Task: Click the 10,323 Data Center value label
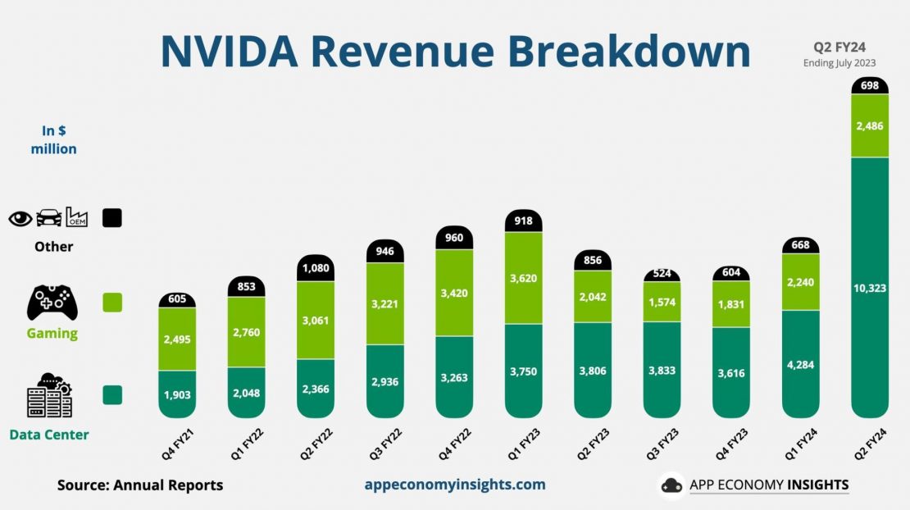point(870,288)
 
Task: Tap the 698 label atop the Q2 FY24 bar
point(870,85)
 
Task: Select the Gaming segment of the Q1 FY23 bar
point(524,278)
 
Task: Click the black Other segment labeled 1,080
point(314,268)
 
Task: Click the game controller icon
point(52,303)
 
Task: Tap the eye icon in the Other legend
point(20,218)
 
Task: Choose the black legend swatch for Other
point(112,218)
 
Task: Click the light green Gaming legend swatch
point(112,303)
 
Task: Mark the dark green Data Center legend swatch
point(112,394)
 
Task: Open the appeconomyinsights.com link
point(455,485)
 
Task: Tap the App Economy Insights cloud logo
point(671,485)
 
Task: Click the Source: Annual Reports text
point(140,485)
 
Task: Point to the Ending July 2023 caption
point(839,63)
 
